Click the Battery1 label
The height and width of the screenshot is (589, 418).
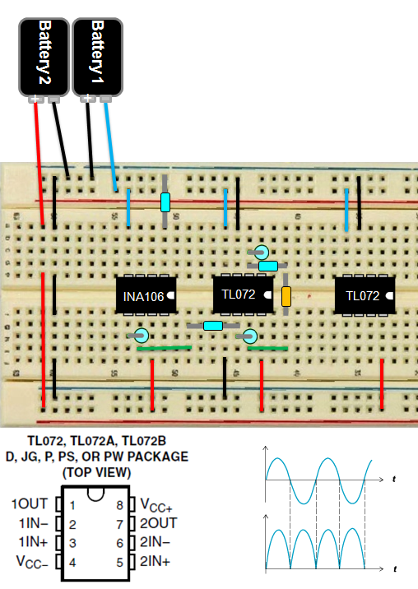(97, 49)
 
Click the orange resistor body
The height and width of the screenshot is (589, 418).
(286, 297)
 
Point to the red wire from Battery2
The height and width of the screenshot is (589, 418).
(39, 165)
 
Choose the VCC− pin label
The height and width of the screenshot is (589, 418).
(30, 562)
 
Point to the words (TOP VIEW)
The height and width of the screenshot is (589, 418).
(96, 472)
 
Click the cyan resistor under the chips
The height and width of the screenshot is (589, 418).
(213, 326)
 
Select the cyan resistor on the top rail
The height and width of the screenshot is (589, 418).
(165, 202)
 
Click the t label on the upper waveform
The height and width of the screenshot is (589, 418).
(395, 479)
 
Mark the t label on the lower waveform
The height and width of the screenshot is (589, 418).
(395, 569)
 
